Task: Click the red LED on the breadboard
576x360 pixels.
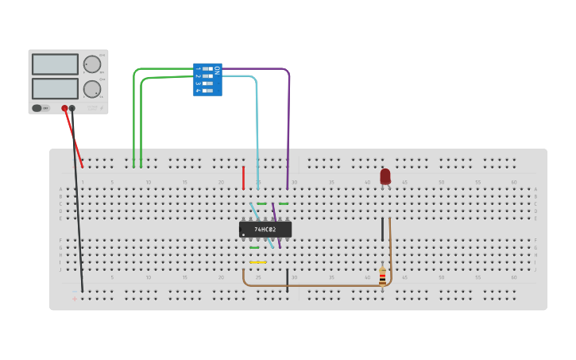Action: point(385,176)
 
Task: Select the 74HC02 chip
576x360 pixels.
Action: point(265,229)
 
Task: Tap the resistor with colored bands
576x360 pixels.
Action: point(382,276)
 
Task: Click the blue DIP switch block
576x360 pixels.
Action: point(207,79)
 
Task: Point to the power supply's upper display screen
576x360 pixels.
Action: point(55,64)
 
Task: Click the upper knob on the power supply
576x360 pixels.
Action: point(92,64)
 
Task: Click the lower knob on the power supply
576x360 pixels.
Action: point(92,88)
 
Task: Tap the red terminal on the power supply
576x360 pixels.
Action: point(65,108)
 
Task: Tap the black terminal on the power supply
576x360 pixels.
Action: point(72,108)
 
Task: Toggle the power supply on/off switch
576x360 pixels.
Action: point(37,108)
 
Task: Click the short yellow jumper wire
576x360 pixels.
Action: point(257,262)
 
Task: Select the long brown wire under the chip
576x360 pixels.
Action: point(318,285)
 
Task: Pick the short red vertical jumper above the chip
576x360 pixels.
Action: point(243,178)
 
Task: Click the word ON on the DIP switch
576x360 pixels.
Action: point(216,70)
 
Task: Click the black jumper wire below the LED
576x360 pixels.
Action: point(382,229)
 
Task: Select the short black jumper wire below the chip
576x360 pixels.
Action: point(288,280)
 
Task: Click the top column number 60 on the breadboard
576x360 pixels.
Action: point(513,183)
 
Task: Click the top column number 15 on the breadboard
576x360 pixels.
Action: point(184,183)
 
